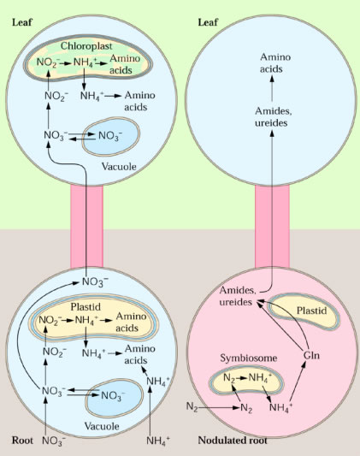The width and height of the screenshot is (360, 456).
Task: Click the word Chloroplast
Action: (86, 46)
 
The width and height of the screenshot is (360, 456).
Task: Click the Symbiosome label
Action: (249, 358)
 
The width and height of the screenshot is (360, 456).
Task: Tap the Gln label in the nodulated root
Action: (311, 355)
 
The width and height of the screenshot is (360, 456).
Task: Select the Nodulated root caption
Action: (233, 441)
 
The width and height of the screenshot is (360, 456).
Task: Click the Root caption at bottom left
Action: (22, 441)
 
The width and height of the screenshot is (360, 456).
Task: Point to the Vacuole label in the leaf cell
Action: (119, 167)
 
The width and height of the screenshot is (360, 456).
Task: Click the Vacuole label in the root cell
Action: (102, 426)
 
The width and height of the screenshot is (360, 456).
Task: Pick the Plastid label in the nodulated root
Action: (311, 311)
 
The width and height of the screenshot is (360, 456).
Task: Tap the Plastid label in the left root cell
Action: (86, 307)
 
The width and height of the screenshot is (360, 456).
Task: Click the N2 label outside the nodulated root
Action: (192, 406)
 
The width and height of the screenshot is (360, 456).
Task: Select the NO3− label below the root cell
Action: (54, 441)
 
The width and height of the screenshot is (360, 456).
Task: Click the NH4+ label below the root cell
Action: (158, 441)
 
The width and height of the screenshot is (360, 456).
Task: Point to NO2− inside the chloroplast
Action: (48, 62)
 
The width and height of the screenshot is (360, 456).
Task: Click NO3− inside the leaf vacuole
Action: (110, 136)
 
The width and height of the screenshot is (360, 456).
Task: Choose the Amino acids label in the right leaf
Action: (275, 62)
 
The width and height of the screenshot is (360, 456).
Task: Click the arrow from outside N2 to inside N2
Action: (219, 408)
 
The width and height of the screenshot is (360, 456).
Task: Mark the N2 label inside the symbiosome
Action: (229, 378)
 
